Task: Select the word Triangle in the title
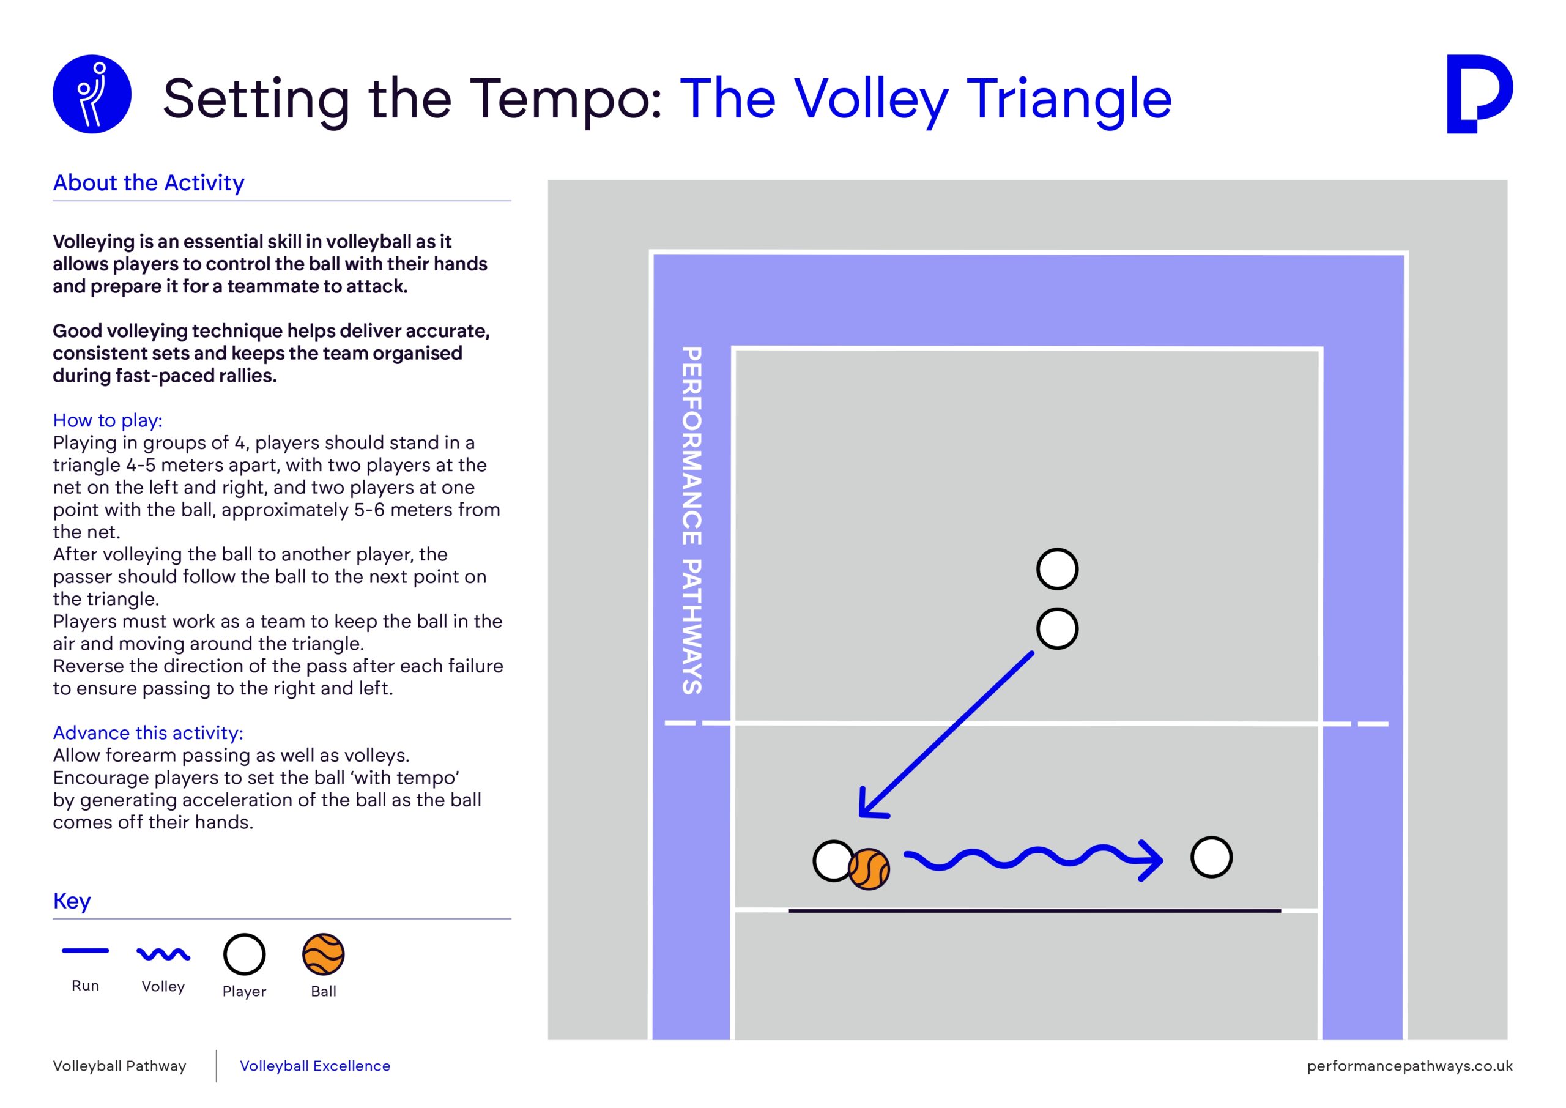(1069, 100)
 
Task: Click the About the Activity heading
(149, 183)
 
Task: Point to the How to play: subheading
(108, 420)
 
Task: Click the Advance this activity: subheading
(148, 733)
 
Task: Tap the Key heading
(72, 901)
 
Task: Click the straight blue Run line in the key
(85, 950)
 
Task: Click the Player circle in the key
(244, 954)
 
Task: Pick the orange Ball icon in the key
(324, 954)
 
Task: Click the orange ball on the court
(869, 870)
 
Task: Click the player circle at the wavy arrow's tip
(1211, 857)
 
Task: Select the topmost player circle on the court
(1057, 569)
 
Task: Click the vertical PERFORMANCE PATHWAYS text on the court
(692, 521)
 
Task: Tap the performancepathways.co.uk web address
(1410, 1066)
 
